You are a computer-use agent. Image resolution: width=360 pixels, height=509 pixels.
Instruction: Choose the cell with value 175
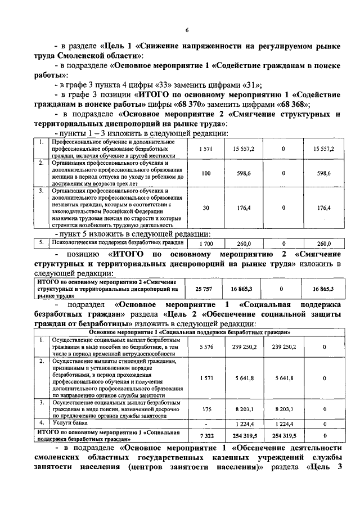click(206, 410)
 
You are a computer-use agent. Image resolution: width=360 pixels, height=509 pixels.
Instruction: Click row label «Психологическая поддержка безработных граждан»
click(110, 243)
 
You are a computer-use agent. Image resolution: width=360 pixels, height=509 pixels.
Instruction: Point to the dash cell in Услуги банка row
click(206, 422)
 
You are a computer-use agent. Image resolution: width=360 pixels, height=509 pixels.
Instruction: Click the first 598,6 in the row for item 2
click(244, 174)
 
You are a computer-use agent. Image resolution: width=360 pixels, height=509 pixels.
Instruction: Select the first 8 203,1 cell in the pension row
click(244, 410)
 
